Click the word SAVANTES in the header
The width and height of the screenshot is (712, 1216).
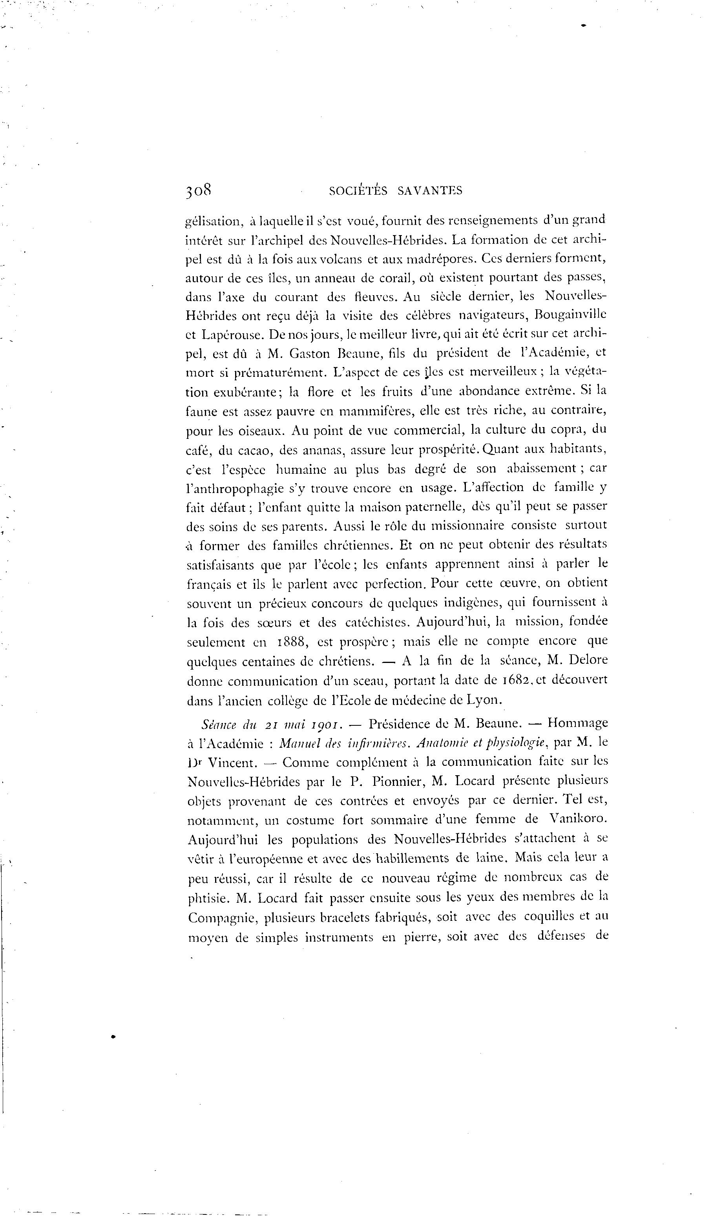(x=429, y=191)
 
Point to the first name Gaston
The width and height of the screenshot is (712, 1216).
(x=312, y=354)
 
